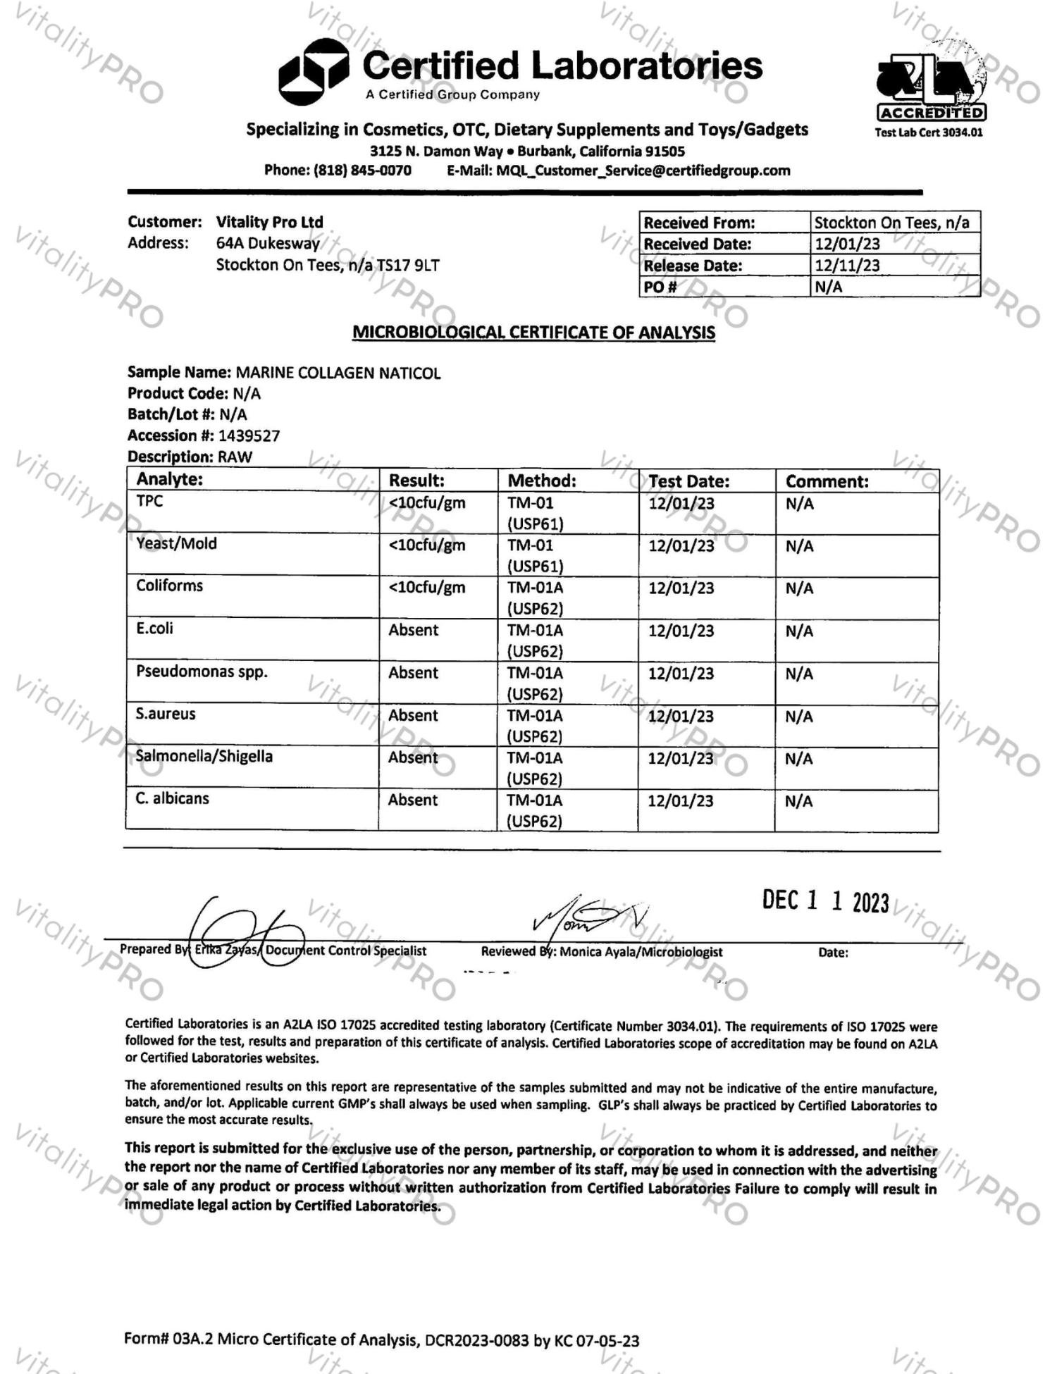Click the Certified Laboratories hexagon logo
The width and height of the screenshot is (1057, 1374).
pyautogui.click(x=313, y=72)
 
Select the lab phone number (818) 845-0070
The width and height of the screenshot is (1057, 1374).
pyautogui.click(x=362, y=171)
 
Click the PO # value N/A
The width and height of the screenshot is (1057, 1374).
pyautogui.click(x=828, y=287)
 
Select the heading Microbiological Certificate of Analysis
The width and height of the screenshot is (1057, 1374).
pyautogui.click(x=533, y=333)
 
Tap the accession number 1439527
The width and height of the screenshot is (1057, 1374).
pyautogui.click(x=249, y=435)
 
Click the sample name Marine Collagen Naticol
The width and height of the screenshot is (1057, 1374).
pyautogui.click(x=338, y=373)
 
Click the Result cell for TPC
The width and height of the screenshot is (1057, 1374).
pyautogui.click(x=427, y=503)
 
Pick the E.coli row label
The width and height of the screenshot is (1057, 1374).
pyautogui.click(x=154, y=629)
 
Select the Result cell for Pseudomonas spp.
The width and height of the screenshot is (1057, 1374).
pyautogui.click(x=413, y=673)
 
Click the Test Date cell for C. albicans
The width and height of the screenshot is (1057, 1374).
pyautogui.click(x=681, y=801)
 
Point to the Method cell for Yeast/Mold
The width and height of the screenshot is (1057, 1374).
pyautogui.click(x=535, y=555)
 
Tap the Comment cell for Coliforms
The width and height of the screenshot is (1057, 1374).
pyautogui.click(x=799, y=588)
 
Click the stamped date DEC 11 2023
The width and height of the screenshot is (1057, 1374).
pyautogui.click(x=825, y=901)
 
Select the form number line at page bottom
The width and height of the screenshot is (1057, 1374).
pyautogui.click(x=381, y=1339)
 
